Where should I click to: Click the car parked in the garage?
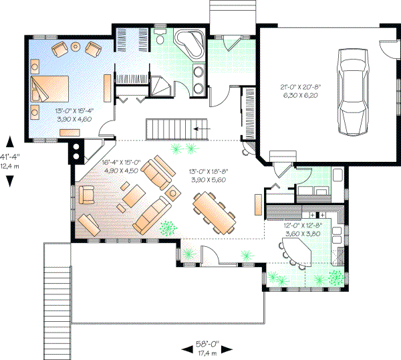click(x=353, y=90)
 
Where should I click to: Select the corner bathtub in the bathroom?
click(x=190, y=44)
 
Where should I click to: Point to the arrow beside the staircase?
click(x=200, y=126)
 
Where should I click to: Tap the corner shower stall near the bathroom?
click(x=160, y=86)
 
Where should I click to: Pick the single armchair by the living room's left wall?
click(x=86, y=195)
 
